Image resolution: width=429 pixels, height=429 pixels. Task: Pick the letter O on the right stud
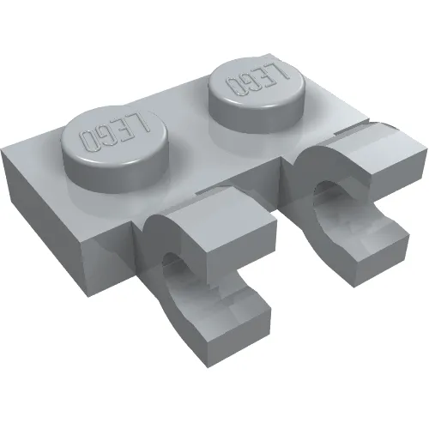coord(232,88)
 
